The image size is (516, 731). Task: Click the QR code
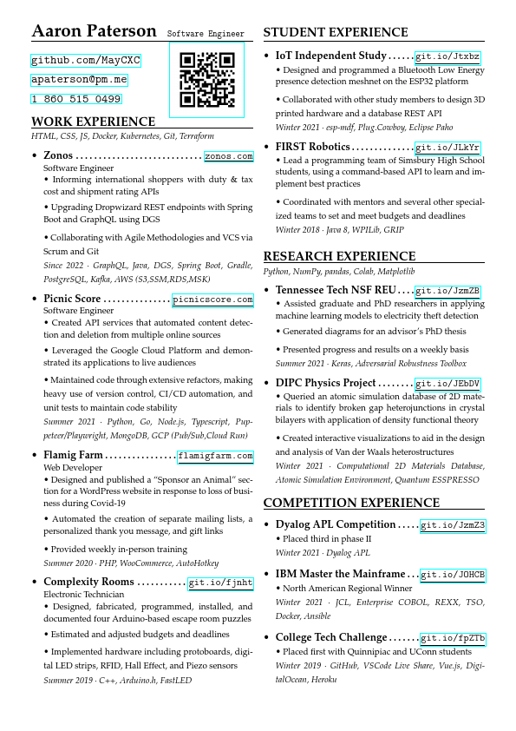pyautogui.click(x=206, y=79)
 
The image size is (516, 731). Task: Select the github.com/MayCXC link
pyautogui.click(x=85, y=61)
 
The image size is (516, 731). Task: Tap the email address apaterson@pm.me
pyautogui.click(x=79, y=80)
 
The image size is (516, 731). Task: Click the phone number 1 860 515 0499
pyautogui.click(x=76, y=99)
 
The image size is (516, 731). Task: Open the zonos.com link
pyautogui.click(x=229, y=156)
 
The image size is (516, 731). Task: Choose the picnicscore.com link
pyautogui.click(x=213, y=300)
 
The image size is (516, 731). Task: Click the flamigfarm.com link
pyautogui.click(x=216, y=456)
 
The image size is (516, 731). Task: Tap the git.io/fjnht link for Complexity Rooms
pyautogui.click(x=221, y=583)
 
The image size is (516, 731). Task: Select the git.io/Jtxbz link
pyautogui.click(x=447, y=56)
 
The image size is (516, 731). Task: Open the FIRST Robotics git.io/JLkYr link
pyautogui.click(x=447, y=148)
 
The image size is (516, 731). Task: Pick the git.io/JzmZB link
pyautogui.click(x=447, y=291)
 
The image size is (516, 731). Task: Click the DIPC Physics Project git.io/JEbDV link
pyautogui.click(x=447, y=384)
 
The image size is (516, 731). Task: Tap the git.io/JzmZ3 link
pyautogui.click(x=453, y=525)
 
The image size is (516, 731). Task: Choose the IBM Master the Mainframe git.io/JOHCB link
pyautogui.click(x=453, y=575)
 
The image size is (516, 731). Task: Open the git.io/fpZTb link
pyautogui.click(x=453, y=638)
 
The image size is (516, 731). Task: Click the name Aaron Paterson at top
pyautogui.click(x=94, y=32)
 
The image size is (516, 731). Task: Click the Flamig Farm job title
pyautogui.click(x=73, y=455)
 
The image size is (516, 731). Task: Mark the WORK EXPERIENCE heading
pyautogui.click(x=93, y=122)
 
